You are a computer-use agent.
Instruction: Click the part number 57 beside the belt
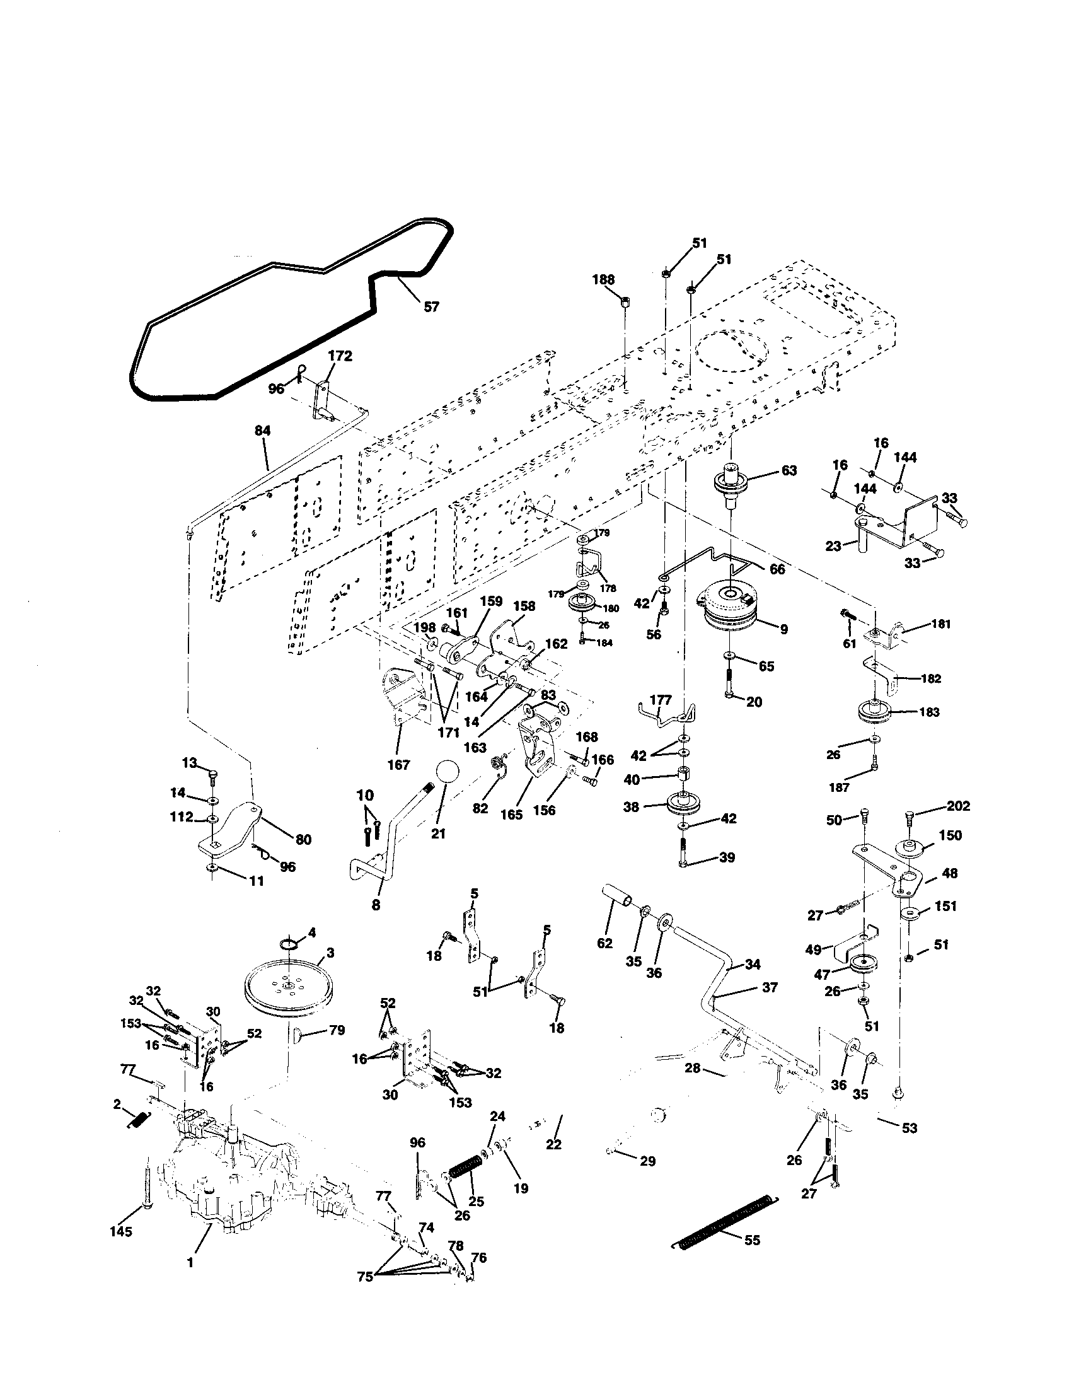pos(431,307)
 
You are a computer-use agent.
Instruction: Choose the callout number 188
pos(604,280)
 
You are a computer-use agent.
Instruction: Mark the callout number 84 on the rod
pos(262,431)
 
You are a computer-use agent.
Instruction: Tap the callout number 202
pos(958,806)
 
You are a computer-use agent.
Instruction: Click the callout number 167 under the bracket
pos(398,765)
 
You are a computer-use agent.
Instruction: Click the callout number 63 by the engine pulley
pos(789,470)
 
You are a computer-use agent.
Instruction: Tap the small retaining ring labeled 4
pos(288,943)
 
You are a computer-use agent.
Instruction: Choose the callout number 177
pos(661,700)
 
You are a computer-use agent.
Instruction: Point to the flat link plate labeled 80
pos(236,826)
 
